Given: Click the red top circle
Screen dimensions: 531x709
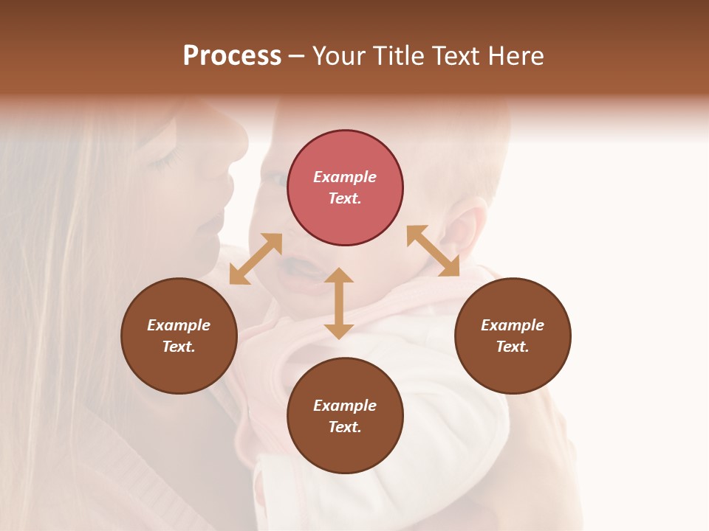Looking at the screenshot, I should point(345,188).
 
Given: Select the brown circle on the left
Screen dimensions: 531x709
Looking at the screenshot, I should point(179,336).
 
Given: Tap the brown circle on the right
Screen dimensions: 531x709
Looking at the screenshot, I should point(513,336).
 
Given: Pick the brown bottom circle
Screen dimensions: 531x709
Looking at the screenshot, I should point(345,416).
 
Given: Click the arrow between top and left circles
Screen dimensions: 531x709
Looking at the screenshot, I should point(256,258).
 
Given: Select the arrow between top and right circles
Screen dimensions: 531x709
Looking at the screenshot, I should point(433,251).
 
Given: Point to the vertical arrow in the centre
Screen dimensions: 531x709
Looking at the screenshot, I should point(339,303).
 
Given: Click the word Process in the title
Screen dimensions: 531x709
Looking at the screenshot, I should point(232,56).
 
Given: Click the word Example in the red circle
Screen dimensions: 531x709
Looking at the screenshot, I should point(345,177).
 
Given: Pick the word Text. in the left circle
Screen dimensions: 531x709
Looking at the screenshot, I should point(179,347).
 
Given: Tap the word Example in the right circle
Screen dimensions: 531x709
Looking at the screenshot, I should point(513,325).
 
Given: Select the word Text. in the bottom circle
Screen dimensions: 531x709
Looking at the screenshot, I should point(345,427).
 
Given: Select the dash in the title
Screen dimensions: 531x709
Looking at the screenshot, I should point(297,56).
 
